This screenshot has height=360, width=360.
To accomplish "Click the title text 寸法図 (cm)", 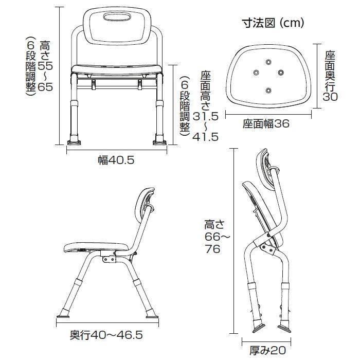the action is (x=273, y=23).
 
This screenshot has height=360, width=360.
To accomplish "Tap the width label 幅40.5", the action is (x=116, y=160).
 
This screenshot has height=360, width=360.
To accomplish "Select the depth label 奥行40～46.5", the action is (x=106, y=335).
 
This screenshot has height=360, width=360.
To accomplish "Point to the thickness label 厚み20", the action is (x=268, y=350).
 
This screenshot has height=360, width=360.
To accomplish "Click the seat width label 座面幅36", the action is (x=266, y=124).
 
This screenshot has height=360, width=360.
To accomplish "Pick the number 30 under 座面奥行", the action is (x=330, y=97).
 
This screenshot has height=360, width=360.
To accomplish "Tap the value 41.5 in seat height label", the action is (x=206, y=137).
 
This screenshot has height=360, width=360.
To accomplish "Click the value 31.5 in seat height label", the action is (x=206, y=116).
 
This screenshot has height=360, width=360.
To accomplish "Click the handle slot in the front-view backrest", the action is (x=117, y=17).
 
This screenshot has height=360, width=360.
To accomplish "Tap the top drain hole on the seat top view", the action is (x=268, y=62).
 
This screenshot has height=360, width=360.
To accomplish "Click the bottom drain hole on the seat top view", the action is (x=268, y=91).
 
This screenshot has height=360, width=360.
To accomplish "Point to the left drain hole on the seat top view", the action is (x=256, y=73).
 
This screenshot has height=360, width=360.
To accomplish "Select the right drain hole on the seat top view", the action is (x=281, y=73).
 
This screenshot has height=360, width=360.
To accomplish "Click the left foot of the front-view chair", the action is (x=74, y=142).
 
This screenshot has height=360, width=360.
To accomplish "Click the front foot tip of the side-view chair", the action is (x=63, y=317).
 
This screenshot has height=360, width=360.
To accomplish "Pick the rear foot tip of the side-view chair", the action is (x=152, y=317).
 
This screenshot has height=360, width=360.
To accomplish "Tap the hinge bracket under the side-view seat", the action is (x=109, y=257).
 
